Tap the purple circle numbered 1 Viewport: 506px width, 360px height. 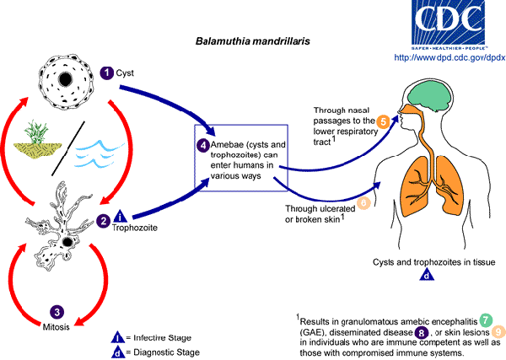pos(107,73)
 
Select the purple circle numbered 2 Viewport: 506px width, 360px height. pos(104,222)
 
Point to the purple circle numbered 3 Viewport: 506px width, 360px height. pos(57,311)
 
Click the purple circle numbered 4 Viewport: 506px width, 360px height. pos(203,145)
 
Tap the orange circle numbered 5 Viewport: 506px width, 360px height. pos(382,122)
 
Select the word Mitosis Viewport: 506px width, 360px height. pos(57,325)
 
